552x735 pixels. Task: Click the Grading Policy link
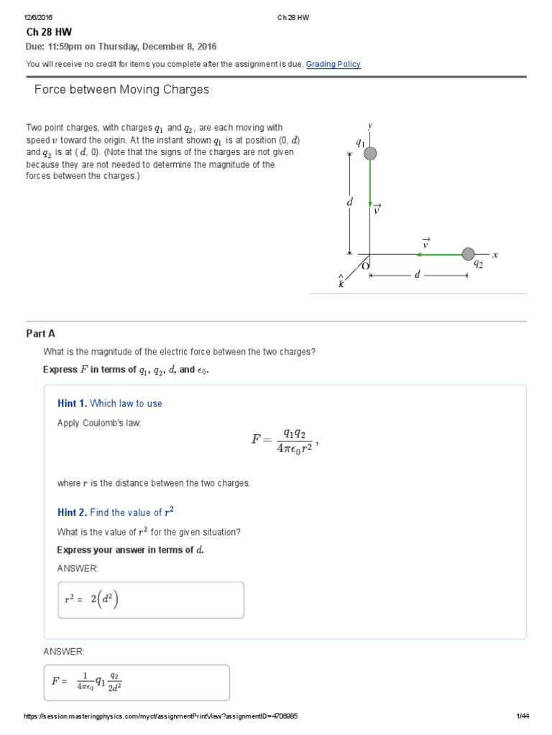333,65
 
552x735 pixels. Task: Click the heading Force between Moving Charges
122,90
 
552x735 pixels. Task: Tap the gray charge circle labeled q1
370,153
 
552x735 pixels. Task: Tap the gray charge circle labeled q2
468,253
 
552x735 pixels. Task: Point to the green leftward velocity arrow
439,253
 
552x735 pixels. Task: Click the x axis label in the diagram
495,255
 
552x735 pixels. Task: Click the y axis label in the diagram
370,126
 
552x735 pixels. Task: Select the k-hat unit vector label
341,281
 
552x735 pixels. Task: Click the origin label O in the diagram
365,266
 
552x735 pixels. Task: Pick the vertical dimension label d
350,203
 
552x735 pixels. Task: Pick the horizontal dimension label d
416,276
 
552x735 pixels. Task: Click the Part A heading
40,333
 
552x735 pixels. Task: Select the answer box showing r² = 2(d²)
150,600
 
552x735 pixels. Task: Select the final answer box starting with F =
137,682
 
